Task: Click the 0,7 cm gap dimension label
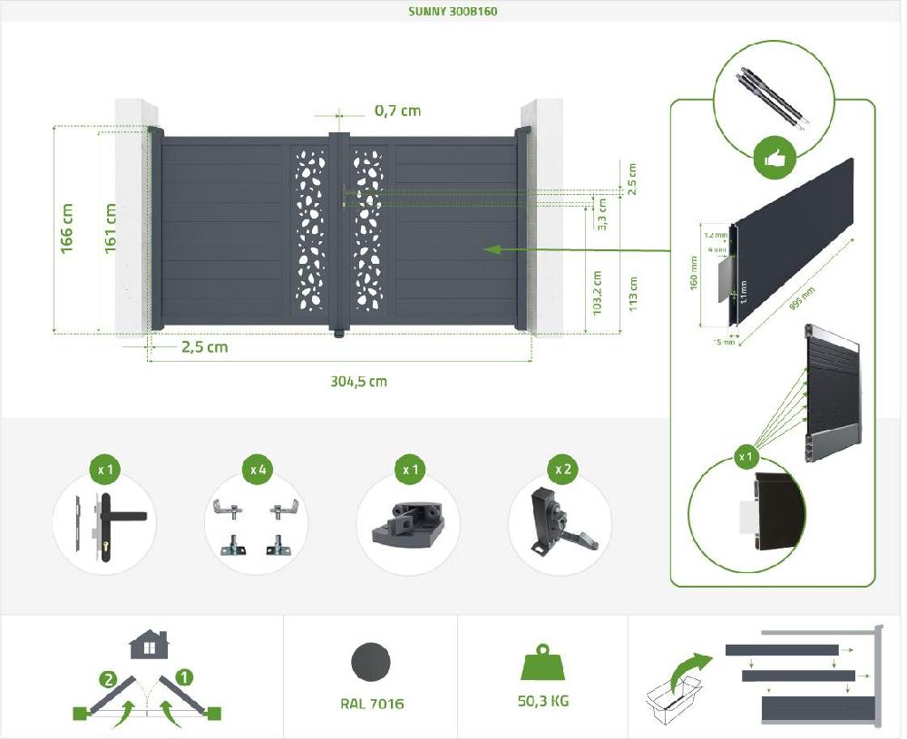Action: point(397,111)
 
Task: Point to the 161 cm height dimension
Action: point(112,229)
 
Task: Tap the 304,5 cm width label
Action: point(358,381)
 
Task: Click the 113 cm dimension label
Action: point(632,293)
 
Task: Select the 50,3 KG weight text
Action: point(543,701)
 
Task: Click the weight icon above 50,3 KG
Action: point(542,663)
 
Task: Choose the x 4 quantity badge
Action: point(258,470)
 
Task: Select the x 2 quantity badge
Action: point(562,470)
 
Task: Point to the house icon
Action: point(148,645)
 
